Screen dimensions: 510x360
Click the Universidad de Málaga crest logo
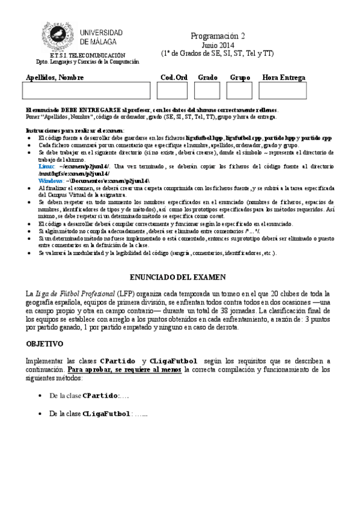point(59,36)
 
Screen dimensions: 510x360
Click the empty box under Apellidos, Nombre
point(86,91)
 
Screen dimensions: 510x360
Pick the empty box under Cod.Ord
point(172,91)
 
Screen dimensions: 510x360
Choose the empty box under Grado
point(207,91)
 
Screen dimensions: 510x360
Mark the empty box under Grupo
point(240,91)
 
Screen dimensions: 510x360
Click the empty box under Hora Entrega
point(283,91)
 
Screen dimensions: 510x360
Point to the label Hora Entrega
point(284,78)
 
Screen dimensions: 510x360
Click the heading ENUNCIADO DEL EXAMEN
point(178,277)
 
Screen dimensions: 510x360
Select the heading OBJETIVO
point(45,345)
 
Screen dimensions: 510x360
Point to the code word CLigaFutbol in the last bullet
point(106,414)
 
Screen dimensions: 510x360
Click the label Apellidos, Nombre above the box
point(55,78)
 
